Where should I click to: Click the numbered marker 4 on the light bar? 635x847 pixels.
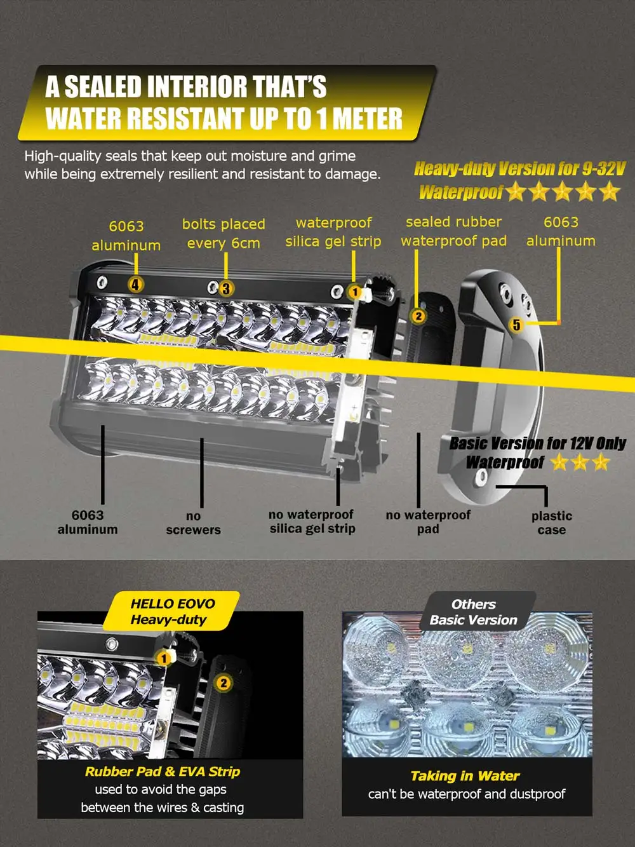pos(135,285)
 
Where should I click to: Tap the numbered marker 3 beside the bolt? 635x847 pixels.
pos(226,288)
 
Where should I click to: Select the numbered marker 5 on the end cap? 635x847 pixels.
pos(516,324)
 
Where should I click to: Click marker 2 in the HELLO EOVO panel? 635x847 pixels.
pos(224,683)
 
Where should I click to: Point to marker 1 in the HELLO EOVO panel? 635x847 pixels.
pos(163,658)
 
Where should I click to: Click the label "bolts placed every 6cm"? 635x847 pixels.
pos(224,234)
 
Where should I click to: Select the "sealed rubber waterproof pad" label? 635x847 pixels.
pos(454,231)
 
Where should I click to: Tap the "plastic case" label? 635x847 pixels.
pos(551,523)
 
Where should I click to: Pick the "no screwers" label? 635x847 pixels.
pos(193,523)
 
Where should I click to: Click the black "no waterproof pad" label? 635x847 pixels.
pos(428,521)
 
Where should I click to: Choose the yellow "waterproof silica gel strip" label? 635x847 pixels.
pos(333,232)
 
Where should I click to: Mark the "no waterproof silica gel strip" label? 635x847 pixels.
pos(312,521)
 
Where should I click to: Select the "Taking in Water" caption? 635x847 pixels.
pos(465,776)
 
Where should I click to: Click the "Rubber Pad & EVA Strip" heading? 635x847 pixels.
pos(163,771)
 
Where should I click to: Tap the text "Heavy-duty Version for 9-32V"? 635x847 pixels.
pos(519,169)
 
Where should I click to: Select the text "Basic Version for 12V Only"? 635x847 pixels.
pos(537,444)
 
